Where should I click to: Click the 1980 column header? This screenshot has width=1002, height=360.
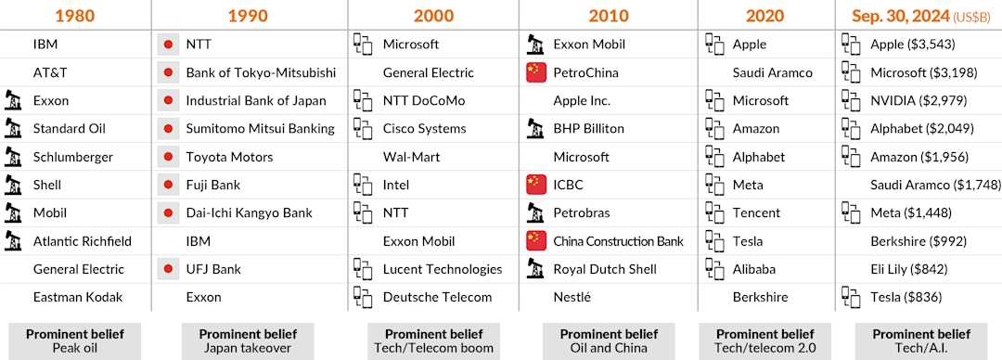75,16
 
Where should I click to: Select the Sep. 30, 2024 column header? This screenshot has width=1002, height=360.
921,16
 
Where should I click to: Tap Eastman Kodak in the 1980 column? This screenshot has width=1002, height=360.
78,297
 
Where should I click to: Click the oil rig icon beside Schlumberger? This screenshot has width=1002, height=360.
13,157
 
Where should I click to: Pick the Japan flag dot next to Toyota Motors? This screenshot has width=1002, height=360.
168,157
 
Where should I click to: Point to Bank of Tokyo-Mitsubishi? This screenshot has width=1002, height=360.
261,72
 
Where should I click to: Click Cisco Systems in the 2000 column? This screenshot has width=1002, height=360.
424,129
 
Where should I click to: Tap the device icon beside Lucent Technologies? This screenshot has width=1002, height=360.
363,269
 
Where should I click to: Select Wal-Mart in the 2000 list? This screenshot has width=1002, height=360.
411,157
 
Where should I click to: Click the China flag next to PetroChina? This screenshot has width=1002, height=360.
535,72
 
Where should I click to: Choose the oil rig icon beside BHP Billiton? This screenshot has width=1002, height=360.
535,129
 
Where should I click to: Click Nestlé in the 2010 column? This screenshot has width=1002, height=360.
572,297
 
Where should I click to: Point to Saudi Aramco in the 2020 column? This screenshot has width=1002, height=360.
773,72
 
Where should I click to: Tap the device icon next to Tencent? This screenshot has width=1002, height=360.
714,212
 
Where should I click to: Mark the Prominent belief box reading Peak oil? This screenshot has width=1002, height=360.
75,341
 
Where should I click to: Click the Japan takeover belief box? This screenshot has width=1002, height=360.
248,341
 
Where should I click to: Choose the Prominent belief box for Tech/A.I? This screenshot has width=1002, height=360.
921,341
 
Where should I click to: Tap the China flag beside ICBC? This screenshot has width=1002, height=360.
535,185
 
